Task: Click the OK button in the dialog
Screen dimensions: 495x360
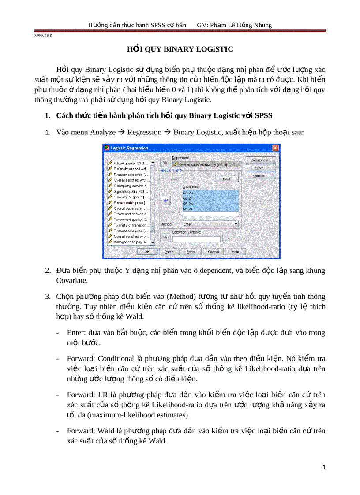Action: pos(147,252)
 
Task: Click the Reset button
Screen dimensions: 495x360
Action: pos(191,252)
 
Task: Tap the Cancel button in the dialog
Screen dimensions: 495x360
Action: pos(213,252)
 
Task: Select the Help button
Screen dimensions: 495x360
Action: pos(235,252)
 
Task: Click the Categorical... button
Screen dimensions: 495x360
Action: pos(260,160)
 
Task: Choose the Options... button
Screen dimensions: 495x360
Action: pos(260,176)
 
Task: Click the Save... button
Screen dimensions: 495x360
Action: pos(260,168)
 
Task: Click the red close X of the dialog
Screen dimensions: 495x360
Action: pos(275,148)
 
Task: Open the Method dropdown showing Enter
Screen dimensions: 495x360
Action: pos(210,224)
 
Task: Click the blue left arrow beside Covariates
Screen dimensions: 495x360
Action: pos(166,201)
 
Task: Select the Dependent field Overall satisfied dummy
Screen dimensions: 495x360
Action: pos(207,164)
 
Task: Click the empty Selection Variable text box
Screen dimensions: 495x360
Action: pos(196,239)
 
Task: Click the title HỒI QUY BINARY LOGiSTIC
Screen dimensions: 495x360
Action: pos(180,49)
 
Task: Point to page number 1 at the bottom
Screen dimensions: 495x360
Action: pos(324,467)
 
